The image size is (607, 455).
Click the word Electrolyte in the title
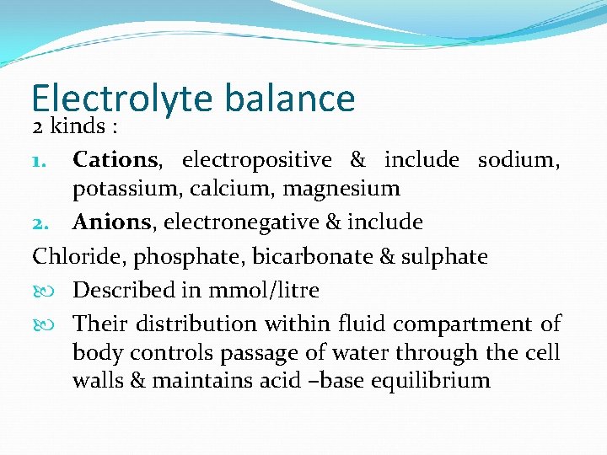(123, 99)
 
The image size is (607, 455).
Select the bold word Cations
(115, 158)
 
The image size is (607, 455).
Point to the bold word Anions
(111, 222)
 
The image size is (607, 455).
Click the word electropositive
(256, 158)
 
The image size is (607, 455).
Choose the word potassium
(123, 189)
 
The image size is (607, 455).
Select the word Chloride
(70, 256)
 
